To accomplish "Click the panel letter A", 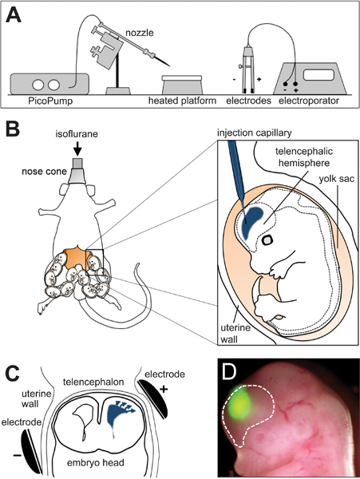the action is [x=14, y=16].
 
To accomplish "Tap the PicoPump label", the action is [x=50, y=101].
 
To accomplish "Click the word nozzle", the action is [x=139, y=33].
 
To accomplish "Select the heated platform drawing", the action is [x=182, y=85].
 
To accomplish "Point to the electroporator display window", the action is [x=318, y=74].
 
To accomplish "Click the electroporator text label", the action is [x=309, y=101].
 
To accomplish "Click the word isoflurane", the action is [x=77, y=134].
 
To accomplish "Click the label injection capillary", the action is [x=255, y=133].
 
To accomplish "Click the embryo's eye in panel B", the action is [x=267, y=240].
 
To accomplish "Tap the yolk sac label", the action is [x=337, y=178].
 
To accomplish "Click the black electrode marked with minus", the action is [x=30, y=449].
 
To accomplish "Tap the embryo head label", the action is [x=96, y=462].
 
